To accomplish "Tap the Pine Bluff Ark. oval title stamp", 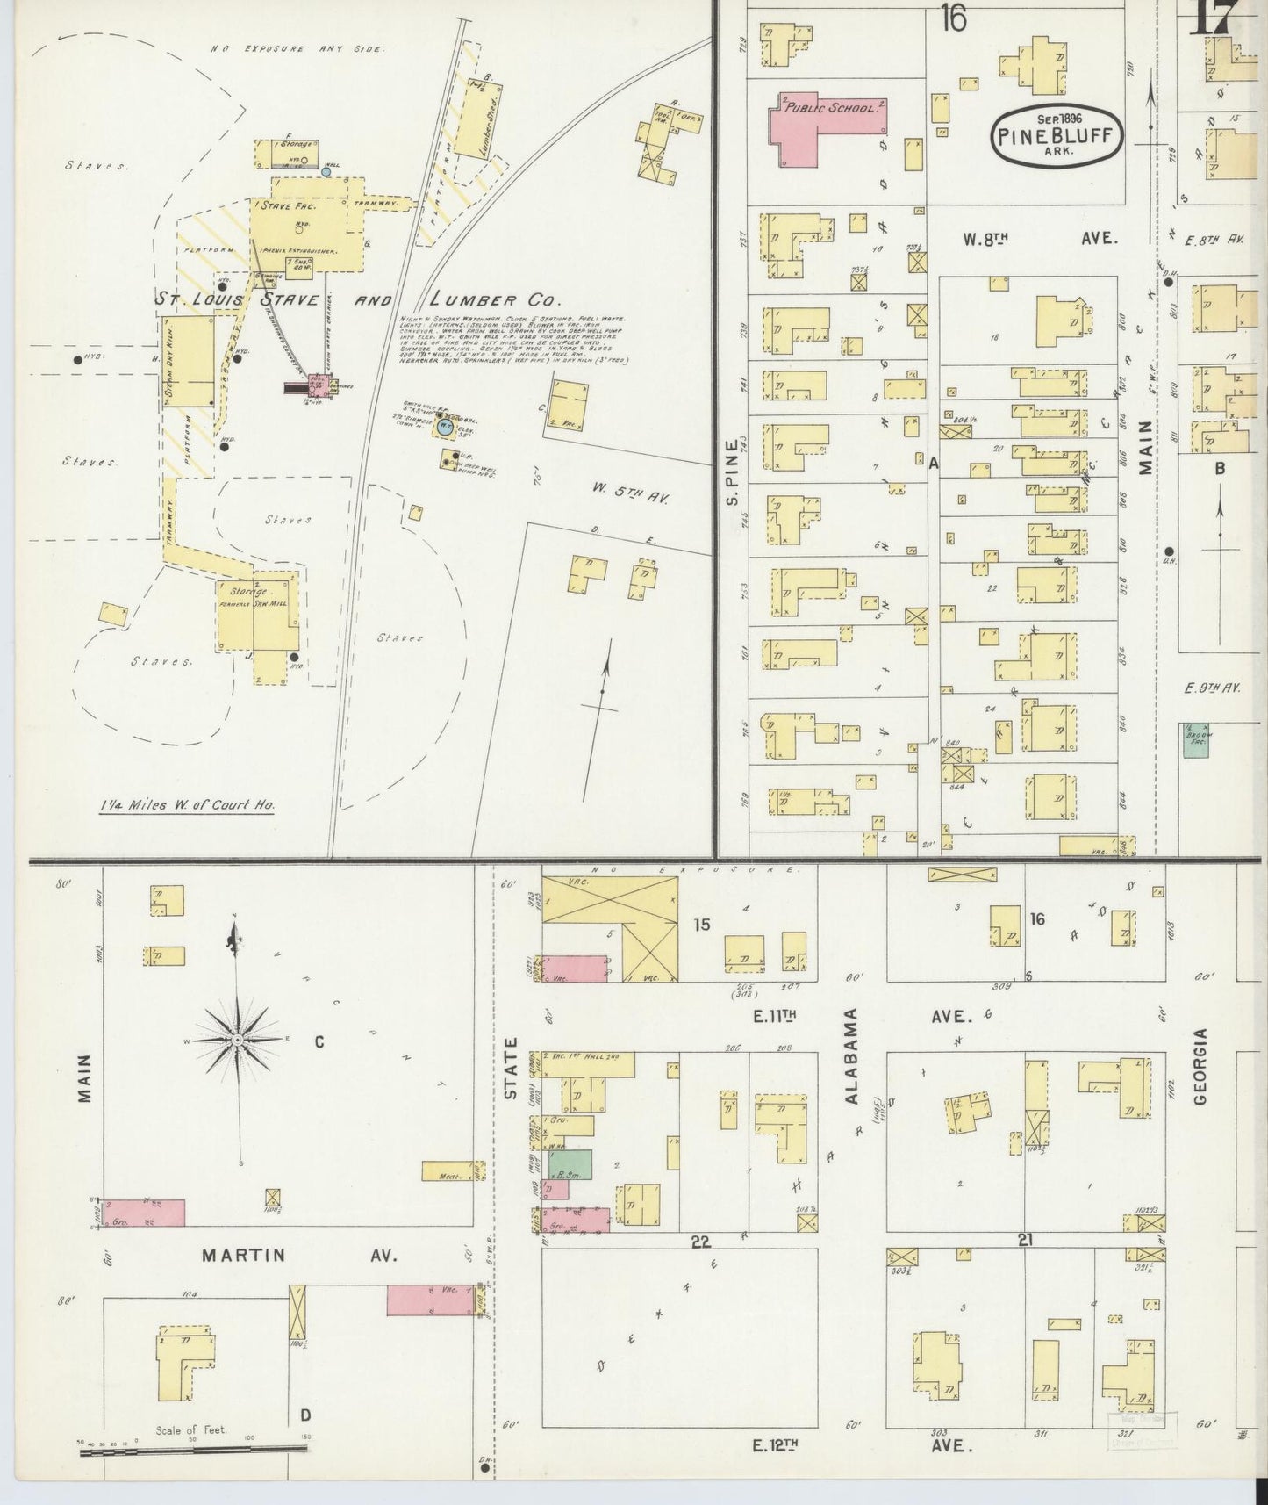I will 1057,134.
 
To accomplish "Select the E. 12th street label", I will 773,1445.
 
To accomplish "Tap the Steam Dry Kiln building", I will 188,363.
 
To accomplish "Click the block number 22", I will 699,1241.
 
